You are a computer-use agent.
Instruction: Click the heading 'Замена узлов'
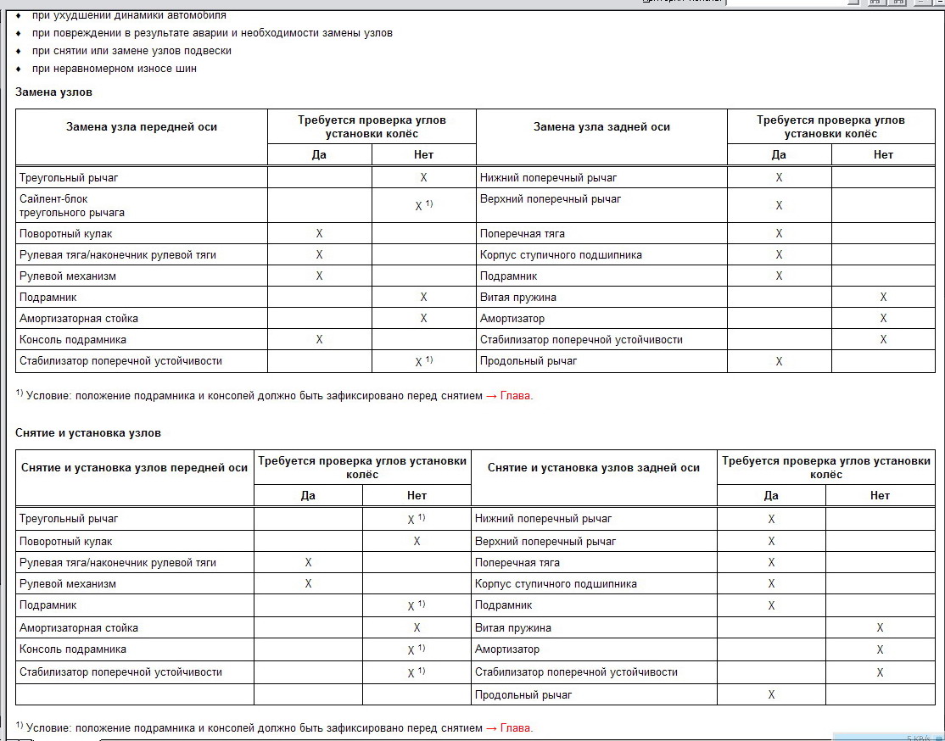pos(53,92)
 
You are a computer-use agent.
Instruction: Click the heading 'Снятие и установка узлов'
pos(88,432)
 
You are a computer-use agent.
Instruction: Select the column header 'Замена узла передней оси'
pos(142,127)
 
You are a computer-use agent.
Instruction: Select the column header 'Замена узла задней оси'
pos(601,127)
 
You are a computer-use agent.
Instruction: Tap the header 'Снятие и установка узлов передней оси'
pos(134,468)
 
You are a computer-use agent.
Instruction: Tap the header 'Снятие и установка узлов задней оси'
pos(594,468)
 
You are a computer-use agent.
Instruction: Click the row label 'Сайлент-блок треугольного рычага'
pos(72,205)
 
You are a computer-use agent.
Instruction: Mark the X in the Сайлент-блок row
pos(419,206)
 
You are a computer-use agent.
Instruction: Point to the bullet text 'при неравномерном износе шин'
pos(115,69)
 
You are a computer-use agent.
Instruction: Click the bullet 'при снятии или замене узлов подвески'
pos(131,51)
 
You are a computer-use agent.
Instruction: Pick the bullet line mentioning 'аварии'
pos(212,33)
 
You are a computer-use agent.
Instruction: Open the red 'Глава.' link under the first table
pos(517,395)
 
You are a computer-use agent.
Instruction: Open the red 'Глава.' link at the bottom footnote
pos(517,727)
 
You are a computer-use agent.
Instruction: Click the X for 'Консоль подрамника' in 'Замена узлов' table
pos(319,340)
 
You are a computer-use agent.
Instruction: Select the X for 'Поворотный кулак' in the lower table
pos(417,542)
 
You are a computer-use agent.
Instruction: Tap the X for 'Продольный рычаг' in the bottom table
pos(771,695)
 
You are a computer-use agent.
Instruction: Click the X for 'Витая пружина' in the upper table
pos(883,298)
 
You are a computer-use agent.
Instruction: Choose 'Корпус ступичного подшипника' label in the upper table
pos(561,255)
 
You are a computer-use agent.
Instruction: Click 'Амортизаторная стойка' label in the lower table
pos(79,628)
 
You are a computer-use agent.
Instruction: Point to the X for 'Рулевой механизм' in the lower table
pos(308,584)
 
